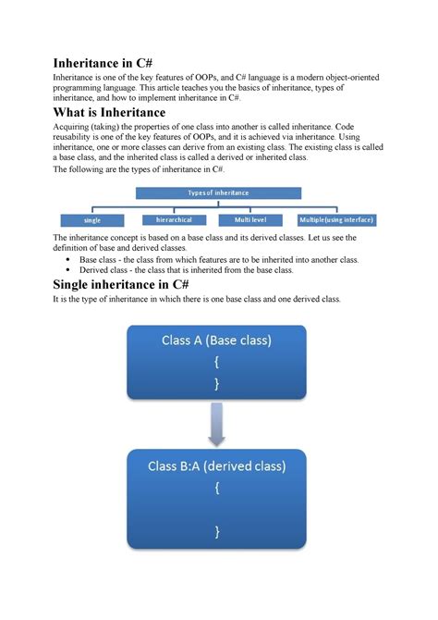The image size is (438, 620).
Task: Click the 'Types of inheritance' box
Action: (x=218, y=192)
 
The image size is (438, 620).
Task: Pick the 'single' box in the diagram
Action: (x=92, y=220)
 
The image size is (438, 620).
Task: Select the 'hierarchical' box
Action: (x=175, y=220)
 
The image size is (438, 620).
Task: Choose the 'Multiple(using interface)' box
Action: (x=337, y=220)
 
